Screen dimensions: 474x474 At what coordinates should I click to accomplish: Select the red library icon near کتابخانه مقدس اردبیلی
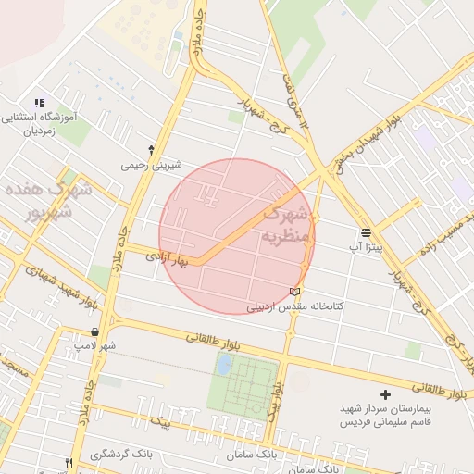pyautogui.click(x=295, y=293)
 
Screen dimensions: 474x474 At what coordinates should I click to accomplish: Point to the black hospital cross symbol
pyautogui.click(x=386, y=395)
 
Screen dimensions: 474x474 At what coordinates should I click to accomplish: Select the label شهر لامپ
pyautogui.click(x=96, y=345)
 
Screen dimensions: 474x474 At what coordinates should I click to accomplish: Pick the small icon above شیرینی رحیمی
pyautogui.click(x=151, y=149)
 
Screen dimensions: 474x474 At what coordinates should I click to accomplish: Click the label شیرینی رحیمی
pyautogui.click(x=147, y=165)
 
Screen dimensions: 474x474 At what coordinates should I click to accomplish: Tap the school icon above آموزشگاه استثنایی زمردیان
pyautogui.click(x=39, y=103)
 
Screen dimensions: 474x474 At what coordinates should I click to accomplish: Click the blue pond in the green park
pyautogui.click(x=224, y=364)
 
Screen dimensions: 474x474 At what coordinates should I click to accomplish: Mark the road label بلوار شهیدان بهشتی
pyautogui.click(x=367, y=139)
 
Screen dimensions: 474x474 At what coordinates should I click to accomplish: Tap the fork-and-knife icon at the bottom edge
pyautogui.click(x=69, y=463)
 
